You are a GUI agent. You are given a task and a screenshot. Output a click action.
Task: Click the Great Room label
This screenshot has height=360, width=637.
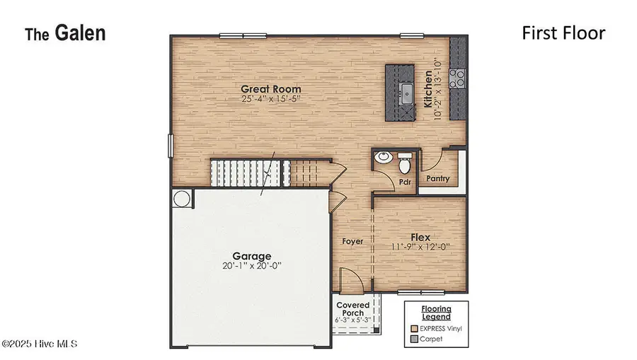[270, 89]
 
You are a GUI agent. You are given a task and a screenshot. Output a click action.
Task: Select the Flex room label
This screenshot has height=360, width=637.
[421, 238]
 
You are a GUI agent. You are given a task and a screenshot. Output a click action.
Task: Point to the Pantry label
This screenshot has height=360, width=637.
[437, 179]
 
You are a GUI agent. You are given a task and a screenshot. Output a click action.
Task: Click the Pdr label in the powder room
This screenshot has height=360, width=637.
[405, 181]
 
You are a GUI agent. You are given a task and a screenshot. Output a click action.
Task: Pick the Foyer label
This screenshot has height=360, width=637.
[352, 241]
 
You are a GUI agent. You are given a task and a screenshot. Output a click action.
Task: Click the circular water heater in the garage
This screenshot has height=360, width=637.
[181, 199]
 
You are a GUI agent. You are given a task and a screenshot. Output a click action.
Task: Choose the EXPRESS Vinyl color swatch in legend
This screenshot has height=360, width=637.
[415, 328]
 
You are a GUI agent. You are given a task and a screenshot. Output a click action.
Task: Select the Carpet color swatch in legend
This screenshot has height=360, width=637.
[415, 339]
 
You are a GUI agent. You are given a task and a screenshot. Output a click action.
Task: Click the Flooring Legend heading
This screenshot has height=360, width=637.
[436, 313]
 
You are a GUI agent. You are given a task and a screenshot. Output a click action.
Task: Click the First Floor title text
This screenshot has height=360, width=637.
[563, 33]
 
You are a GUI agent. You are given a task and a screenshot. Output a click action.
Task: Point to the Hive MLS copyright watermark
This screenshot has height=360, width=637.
[39, 344]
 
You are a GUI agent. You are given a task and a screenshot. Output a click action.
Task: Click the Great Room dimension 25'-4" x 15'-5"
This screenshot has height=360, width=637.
[270, 100]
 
